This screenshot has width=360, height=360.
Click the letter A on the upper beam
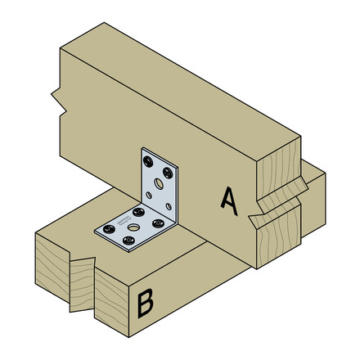click(230, 200)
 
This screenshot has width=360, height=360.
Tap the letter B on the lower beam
click(145, 304)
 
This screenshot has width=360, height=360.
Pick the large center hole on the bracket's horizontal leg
click(134, 222)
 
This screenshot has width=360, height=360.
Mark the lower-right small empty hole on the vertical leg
click(171, 206)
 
